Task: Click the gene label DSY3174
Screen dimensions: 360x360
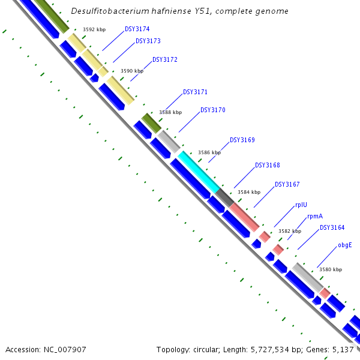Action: (137, 29)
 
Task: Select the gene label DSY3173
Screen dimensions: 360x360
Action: (148, 41)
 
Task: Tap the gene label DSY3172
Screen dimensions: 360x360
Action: (165, 59)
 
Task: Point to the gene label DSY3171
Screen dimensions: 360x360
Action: (195, 92)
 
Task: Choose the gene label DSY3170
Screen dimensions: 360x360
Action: (213, 110)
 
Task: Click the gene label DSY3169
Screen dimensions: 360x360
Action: (242, 140)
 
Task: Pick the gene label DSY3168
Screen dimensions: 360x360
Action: (268, 165)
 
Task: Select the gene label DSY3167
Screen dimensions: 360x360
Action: (287, 184)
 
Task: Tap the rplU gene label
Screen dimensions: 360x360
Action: (301, 205)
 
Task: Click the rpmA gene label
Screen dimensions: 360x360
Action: (315, 216)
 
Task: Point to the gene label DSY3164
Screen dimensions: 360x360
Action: (332, 227)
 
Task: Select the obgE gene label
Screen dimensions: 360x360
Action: (344, 245)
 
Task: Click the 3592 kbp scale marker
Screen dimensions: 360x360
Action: (94, 29)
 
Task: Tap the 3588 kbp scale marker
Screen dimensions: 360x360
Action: (170, 112)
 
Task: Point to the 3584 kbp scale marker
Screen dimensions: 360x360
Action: (249, 192)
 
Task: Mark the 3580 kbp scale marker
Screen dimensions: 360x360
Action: (331, 269)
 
